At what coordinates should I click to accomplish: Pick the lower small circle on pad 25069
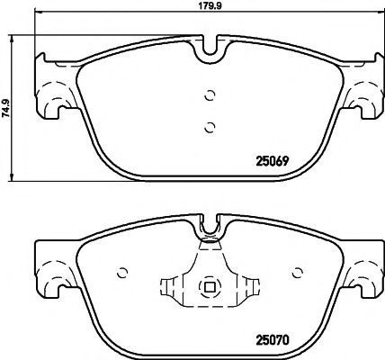coord(210,126)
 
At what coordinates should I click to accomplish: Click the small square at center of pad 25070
coord(210,288)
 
